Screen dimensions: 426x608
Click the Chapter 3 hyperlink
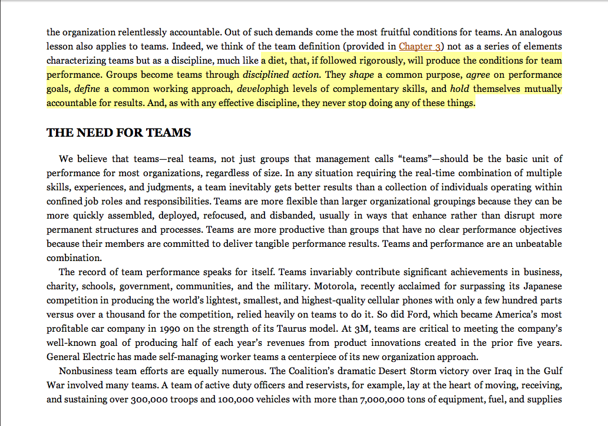tap(421, 46)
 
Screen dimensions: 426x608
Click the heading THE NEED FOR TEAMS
tap(118, 133)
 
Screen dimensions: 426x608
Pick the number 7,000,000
tap(384, 399)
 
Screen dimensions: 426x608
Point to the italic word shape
tap(361, 75)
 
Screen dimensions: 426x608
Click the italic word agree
tap(478, 75)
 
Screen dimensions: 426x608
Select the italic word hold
tap(460, 89)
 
